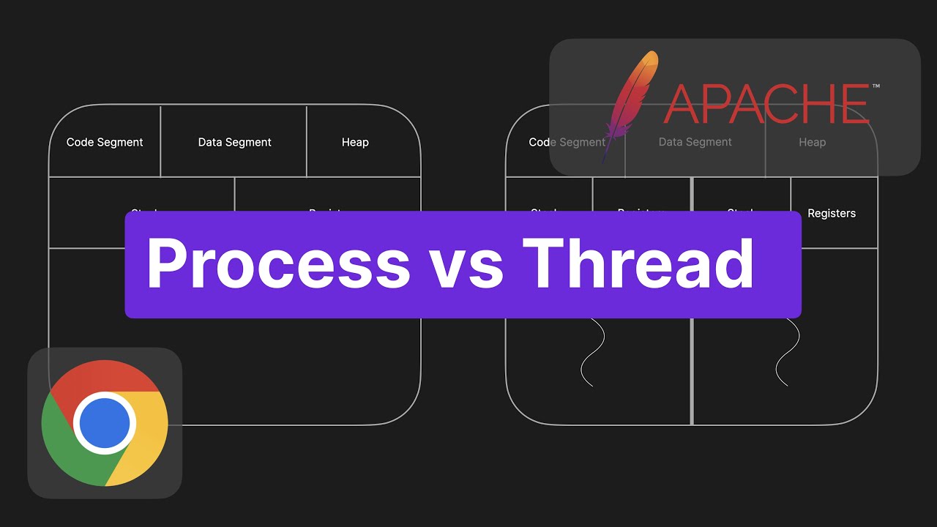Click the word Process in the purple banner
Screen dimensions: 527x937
click(x=278, y=264)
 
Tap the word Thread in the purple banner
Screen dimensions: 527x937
click(x=638, y=264)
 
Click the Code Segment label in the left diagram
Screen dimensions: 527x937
click(x=105, y=142)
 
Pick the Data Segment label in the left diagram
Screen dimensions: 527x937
click(x=234, y=142)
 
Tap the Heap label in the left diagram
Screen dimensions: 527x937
click(x=355, y=142)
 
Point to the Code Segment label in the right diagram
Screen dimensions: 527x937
click(x=567, y=142)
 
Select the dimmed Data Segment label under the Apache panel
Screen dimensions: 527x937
click(x=695, y=142)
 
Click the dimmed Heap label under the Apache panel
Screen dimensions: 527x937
click(x=812, y=142)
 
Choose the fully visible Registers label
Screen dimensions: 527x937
click(x=832, y=213)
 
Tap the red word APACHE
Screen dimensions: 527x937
click(x=765, y=104)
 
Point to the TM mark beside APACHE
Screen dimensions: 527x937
click(x=876, y=86)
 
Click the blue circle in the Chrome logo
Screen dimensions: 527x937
click(x=105, y=423)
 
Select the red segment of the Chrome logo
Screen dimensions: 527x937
click(x=102, y=378)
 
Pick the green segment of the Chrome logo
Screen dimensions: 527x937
click(x=70, y=446)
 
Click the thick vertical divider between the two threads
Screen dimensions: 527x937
click(x=692, y=366)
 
